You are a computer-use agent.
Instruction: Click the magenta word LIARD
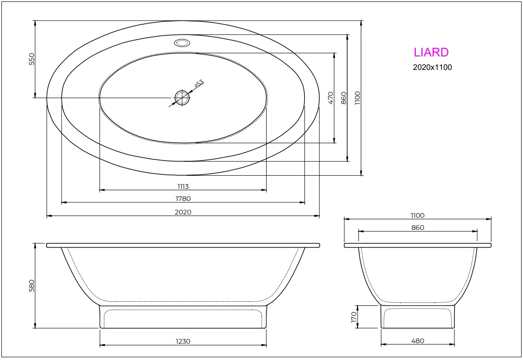(431, 52)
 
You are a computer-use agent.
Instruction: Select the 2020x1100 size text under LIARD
(432, 67)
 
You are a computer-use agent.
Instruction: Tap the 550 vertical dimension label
(32, 59)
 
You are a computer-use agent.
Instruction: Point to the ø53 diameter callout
(199, 84)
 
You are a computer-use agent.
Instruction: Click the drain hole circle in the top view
(182, 97)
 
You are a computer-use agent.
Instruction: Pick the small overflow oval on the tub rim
(182, 43)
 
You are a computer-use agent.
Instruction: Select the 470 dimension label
(331, 97)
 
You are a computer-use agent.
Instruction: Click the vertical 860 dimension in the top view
(344, 97)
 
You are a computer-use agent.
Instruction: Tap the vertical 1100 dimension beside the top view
(358, 97)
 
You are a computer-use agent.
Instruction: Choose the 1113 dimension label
(183, 187)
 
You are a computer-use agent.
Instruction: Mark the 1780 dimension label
(183, 199)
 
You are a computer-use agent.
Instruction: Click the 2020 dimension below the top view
(183, 212)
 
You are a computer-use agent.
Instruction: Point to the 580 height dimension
(32, 285)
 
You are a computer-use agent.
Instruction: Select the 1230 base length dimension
(183, 341)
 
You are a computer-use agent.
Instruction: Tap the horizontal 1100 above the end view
(418, 215)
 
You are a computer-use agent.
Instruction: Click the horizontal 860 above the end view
(418, 228)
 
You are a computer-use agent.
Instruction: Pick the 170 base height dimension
(354, 317)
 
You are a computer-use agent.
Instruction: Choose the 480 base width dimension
(418, 341)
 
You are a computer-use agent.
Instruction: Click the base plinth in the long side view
(183, 317)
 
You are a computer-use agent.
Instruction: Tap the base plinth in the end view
(418, 317)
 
